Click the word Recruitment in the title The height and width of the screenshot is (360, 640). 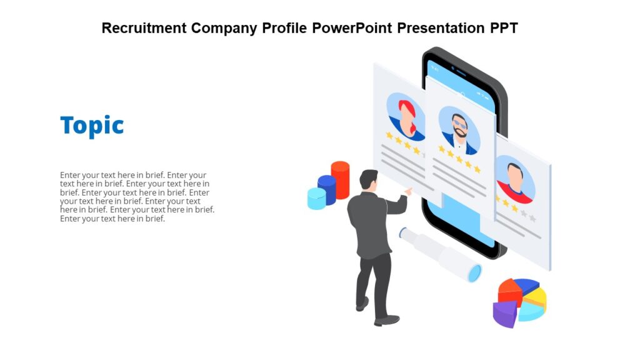[x=144, y=28]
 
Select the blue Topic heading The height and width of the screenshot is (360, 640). [x=92, y=126]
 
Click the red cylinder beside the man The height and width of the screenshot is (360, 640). [x=340, y=179]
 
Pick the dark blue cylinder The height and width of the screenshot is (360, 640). [x=327, y=189]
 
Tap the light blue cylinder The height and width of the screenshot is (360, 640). [x=317, y=199]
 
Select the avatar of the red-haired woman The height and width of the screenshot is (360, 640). [x=406, y=117]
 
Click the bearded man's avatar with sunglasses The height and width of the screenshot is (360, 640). [x=459, y=130]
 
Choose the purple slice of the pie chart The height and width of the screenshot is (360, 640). [x=505, y=313]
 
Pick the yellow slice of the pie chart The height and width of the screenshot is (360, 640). [x=536, y=299]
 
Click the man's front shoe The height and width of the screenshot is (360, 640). [x=387, y=321]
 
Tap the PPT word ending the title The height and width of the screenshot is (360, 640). [x=503, y=28]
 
